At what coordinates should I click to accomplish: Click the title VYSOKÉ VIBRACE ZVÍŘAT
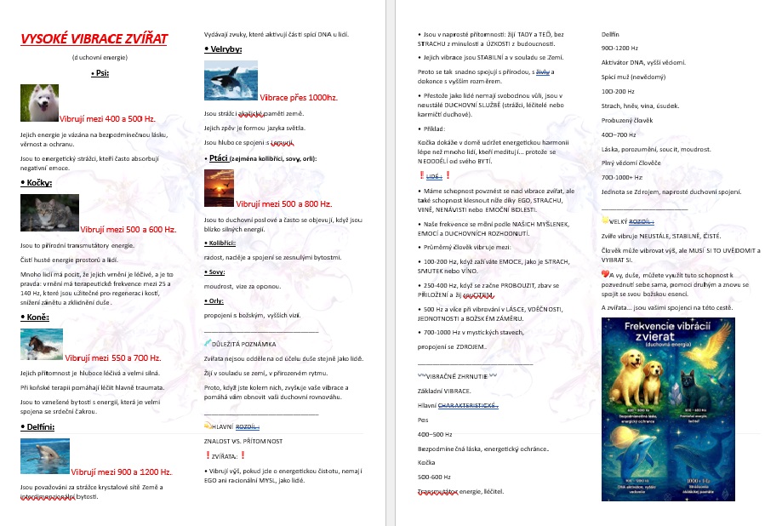point(94,39)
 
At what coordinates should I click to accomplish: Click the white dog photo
point(38,103)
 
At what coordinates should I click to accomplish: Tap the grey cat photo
point(49,214)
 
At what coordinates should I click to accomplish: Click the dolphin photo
point(44,456)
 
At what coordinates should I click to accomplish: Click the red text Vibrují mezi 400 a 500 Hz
point(107,119)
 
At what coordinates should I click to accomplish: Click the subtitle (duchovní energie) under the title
point(99,57)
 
